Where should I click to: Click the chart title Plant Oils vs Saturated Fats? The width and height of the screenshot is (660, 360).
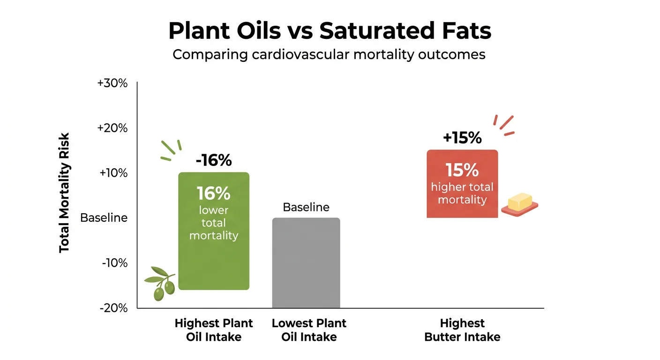point(330,31)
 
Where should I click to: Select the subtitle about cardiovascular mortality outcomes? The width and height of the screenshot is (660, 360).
point(329,54)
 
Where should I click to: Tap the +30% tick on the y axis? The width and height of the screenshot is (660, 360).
point(112,83)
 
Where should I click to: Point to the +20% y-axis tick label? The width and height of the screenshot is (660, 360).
point(112,128)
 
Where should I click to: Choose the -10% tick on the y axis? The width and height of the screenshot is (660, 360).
point(114,263)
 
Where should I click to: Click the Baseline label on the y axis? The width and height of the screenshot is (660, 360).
point(104,218)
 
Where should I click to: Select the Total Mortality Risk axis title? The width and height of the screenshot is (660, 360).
point(65,193)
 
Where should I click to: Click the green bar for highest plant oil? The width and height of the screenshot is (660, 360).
point(214,262)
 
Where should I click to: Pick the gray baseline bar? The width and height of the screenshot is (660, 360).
point(306,262)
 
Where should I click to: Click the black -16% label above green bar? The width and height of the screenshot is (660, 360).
point(214,161)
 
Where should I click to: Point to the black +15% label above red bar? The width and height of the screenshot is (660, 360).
point(462,138)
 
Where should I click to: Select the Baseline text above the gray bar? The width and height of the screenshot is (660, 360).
point(306,207)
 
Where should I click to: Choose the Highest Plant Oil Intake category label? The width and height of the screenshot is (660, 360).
point(214,330)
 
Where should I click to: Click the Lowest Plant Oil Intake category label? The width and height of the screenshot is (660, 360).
point(309,330)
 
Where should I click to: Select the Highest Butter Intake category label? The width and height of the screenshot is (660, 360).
point(462,330)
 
